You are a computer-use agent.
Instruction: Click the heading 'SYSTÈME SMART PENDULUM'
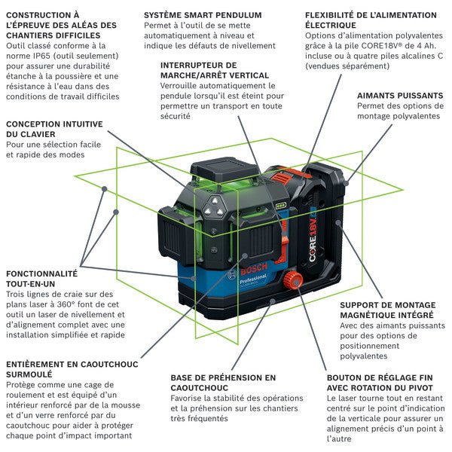pyautogui.click(x=202, y=15)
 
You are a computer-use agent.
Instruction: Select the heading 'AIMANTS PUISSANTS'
pyautogui.click(x=399, y=95)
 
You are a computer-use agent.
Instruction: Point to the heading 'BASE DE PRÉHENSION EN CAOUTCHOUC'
pyautogui.click(x=223, y=383)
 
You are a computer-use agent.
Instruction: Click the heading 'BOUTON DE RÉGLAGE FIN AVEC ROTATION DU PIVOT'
pyautogui.click(x=380, y=383)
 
